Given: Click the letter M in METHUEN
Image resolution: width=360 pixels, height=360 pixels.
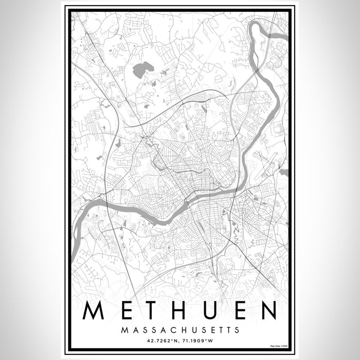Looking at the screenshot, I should pyautogui.click(x=94, y=310).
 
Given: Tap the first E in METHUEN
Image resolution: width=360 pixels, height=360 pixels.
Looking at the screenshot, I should pyautogui.click(x=125, y=310).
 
